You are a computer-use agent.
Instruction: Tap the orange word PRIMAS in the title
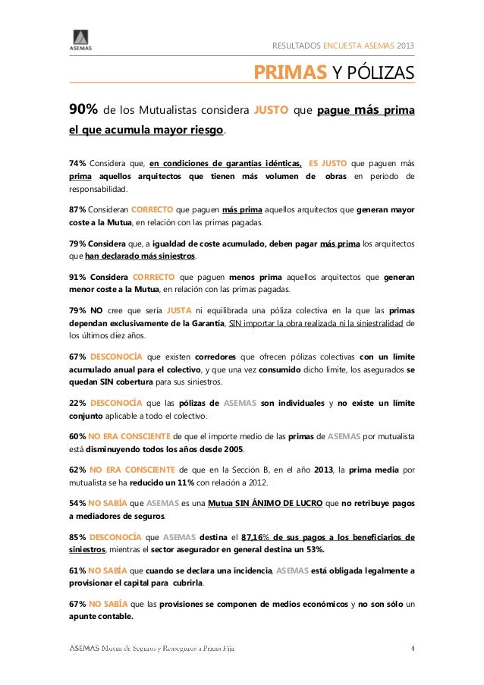(x=290, y=73)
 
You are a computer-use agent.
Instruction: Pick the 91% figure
(x=77, y=277)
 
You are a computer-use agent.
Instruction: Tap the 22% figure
(x=77, y=402)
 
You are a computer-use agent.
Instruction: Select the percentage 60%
(x=77, y=436)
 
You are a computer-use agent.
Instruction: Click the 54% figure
(x=77, y=502)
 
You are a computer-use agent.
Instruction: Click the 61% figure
(x=77, y=570)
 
